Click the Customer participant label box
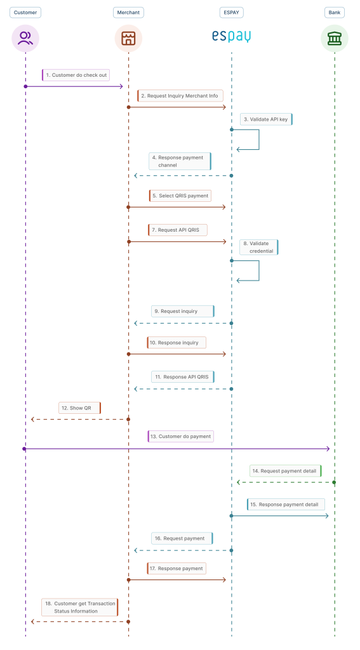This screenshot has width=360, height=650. (25, 13)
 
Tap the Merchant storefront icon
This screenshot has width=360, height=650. (128, 38)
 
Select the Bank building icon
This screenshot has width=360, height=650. (334, 38)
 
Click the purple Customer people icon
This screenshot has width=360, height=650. (25, 38)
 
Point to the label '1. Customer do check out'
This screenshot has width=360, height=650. (76, 75)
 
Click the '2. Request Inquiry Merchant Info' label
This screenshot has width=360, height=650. (180, 96)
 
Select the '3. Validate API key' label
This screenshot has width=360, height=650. (266, 119)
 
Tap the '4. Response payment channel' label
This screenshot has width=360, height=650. (180, 161)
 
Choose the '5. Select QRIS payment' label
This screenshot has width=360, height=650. (180, 196)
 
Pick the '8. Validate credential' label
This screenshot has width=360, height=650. (259, 247)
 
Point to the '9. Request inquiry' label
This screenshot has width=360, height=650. (183, 311)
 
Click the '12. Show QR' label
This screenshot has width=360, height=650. (79, 408)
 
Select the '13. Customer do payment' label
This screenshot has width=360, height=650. (180, 436)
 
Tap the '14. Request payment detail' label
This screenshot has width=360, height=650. (286, 471)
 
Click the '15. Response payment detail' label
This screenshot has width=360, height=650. (286, 504)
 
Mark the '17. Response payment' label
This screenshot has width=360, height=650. (177, 568)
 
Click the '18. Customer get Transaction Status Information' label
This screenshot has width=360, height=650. (80, 607)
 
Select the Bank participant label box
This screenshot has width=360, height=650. (334, 13)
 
